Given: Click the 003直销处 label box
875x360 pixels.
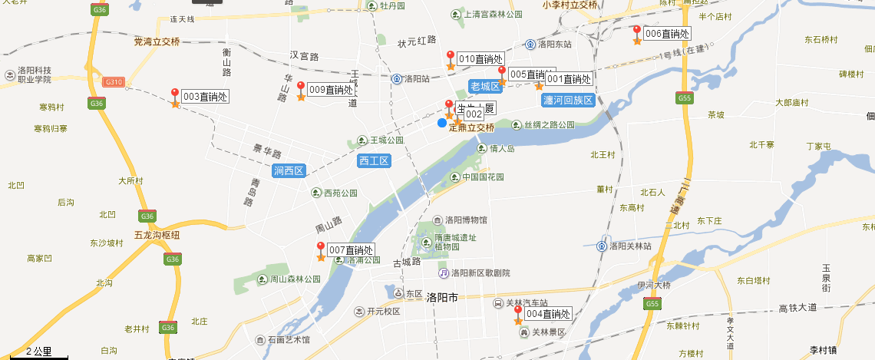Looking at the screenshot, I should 205,97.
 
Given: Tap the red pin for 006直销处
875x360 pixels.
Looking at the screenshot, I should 636,31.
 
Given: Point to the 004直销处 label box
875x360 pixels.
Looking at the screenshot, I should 548,315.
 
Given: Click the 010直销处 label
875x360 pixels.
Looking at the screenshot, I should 480,59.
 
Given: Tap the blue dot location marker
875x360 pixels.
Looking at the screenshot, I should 442,123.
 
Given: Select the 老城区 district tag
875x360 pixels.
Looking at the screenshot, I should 485,86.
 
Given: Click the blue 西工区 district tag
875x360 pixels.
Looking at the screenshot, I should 375,161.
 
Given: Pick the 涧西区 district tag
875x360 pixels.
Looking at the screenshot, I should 289,170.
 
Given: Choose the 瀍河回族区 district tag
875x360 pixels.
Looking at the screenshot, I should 568,101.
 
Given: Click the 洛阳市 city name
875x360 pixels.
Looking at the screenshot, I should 441,296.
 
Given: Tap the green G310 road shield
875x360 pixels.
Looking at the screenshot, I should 114,82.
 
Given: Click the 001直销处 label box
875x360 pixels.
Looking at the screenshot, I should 569,79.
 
